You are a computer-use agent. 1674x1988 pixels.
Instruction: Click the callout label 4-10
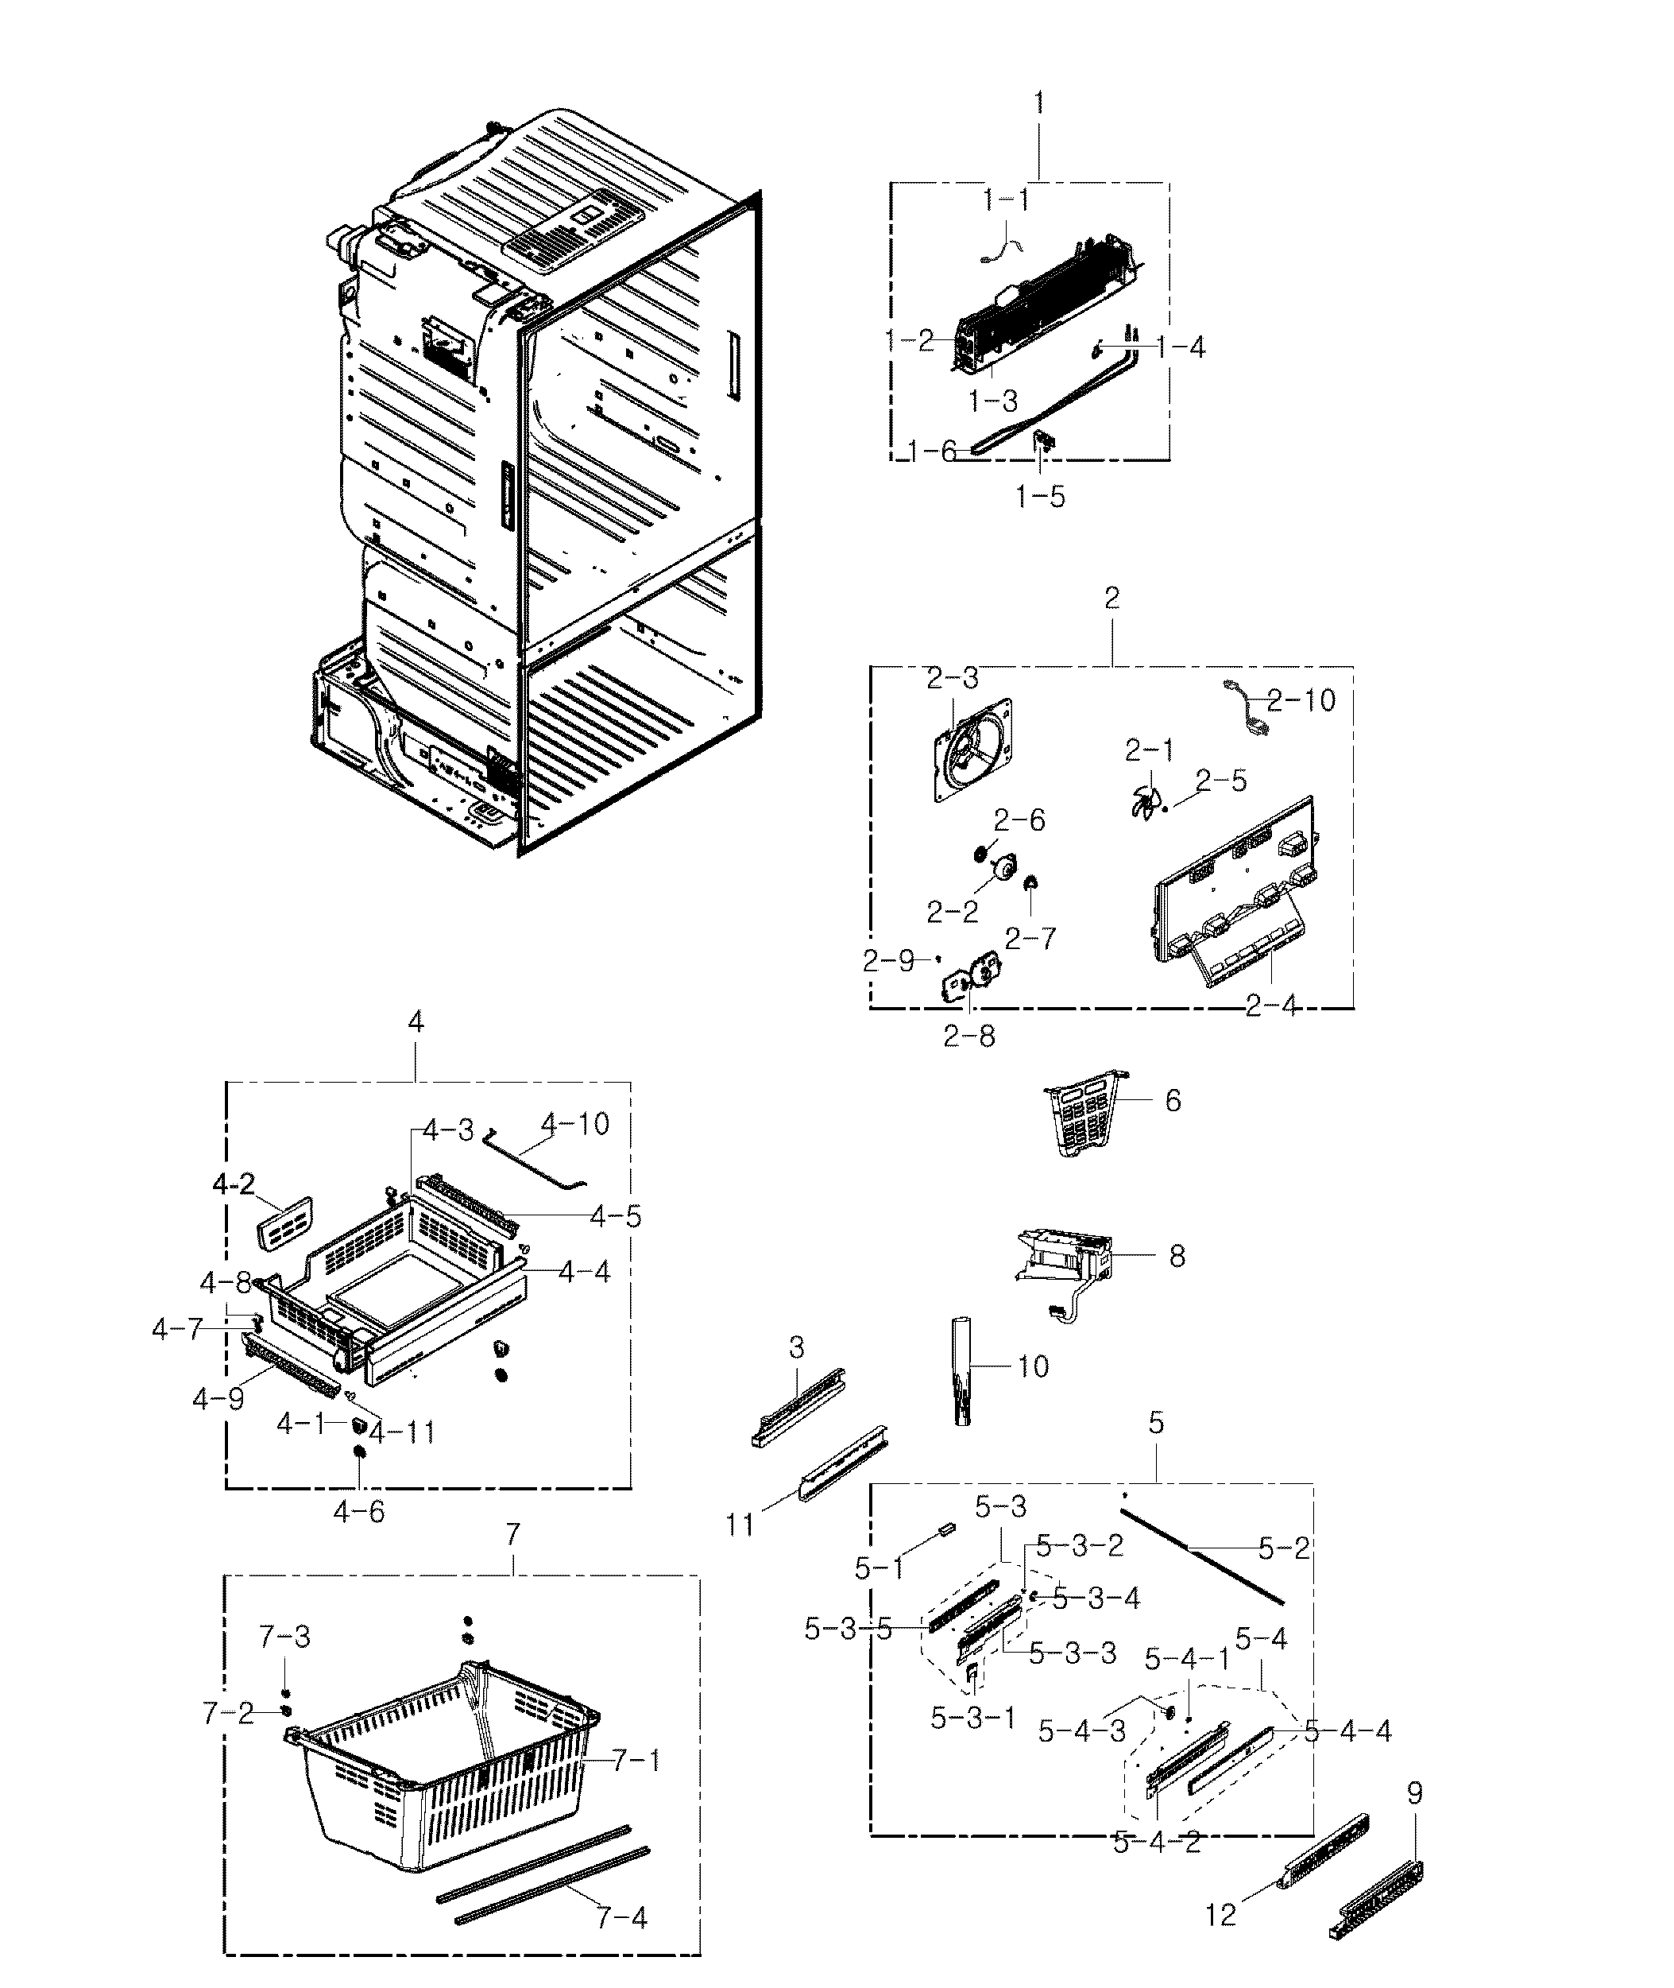(575, 1124)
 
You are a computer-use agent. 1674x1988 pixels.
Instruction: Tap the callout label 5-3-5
(849, 1630)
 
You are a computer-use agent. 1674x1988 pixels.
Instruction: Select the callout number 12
(1220, 1915)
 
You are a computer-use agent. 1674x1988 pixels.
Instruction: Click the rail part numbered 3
(797, 1406)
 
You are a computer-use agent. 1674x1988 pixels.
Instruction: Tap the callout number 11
(740, 1525)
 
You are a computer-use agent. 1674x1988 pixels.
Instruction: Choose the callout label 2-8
(969, 1036)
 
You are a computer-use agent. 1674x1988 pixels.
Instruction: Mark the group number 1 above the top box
(1039, 103)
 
